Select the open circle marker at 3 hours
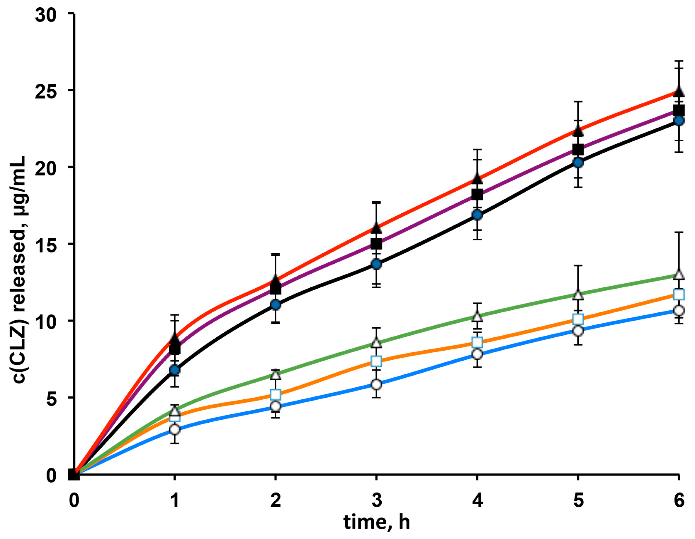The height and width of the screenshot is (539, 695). point(377,384)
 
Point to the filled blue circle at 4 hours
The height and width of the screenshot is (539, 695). point(477,215)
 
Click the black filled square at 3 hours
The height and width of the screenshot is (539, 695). point(377,244)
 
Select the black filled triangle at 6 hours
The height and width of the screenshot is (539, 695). point(679,92)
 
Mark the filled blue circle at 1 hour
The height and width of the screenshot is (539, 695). point(175,370)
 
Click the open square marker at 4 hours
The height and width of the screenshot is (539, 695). point(477,342)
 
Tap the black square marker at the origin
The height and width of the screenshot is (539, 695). point(74,475)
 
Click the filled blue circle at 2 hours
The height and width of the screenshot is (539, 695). point(276,305)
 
